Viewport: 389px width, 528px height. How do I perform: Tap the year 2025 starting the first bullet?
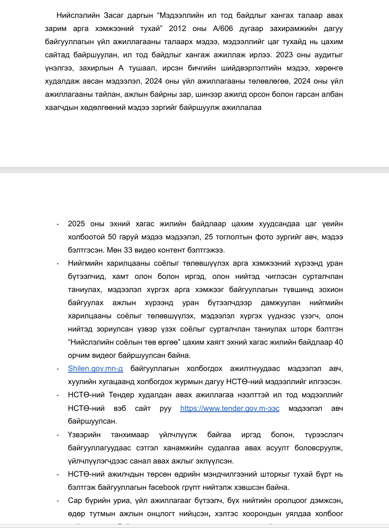(x=77, y=224)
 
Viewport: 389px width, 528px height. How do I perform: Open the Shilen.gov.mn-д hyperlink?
(x=95, y=369)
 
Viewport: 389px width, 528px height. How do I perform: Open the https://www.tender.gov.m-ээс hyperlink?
(x=230, y=408)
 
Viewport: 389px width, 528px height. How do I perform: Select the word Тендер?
(x=120, y=395)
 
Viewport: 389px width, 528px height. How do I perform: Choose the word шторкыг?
(x=282, y=474)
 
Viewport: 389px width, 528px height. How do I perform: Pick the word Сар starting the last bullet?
(x=74, y=500)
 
